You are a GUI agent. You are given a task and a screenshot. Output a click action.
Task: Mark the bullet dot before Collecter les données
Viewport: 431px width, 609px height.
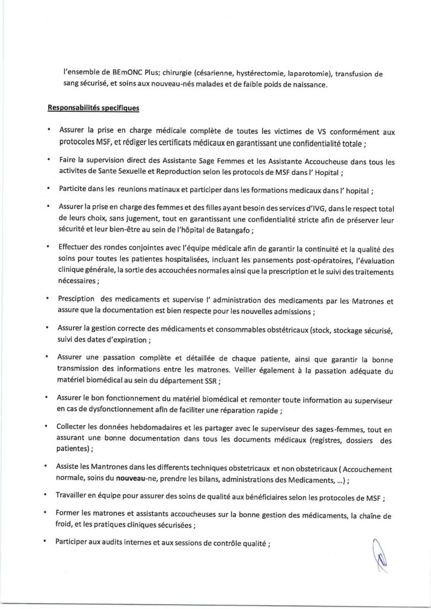47,427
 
